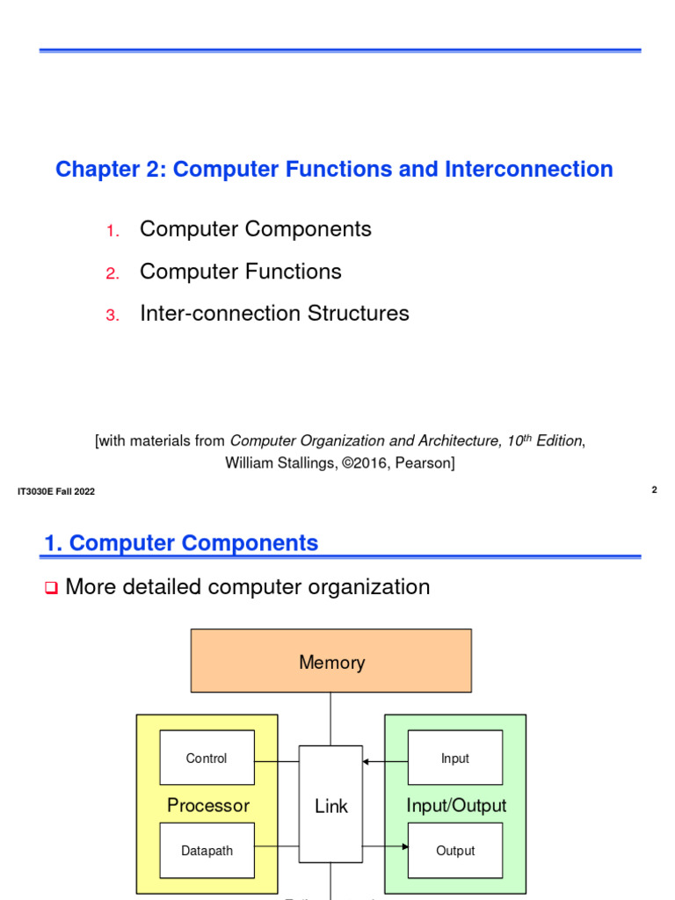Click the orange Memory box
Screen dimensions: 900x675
click(331, 661)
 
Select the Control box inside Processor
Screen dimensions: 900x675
click(207, 758)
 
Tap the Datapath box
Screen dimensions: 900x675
click(207, 850)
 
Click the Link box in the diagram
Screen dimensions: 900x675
click(330, 804)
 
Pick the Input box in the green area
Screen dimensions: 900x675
click(454, 758)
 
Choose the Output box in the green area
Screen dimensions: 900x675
click(454, 850)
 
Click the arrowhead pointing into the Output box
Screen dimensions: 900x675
click(404, 847)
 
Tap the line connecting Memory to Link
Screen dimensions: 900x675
click(331, 719)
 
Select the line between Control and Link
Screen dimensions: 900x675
click(277, 760)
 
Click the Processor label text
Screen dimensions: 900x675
click(208, 805)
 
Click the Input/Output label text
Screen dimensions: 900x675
click(456, 805)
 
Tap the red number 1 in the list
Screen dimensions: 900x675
click(112, 231)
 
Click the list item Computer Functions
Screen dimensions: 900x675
click(240, 272)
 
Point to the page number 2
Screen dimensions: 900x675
click(654, 490)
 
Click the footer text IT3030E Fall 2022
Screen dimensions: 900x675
click(56, 491)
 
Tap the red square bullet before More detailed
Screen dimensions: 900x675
click(50, 587)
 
